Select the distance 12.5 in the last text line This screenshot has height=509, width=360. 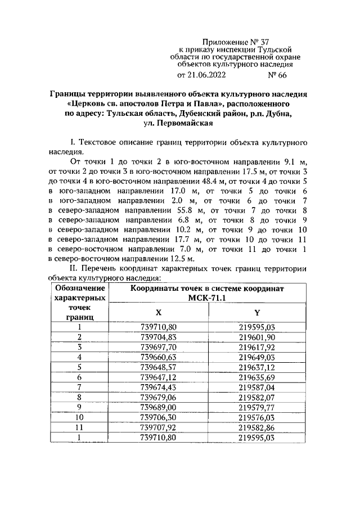pyautogui.click(x=182, y=259)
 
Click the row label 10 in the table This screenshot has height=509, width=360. pyautogui.click(x=79, y=417)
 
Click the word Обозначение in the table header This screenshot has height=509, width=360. pyautogui.click(x=79, y=287)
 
